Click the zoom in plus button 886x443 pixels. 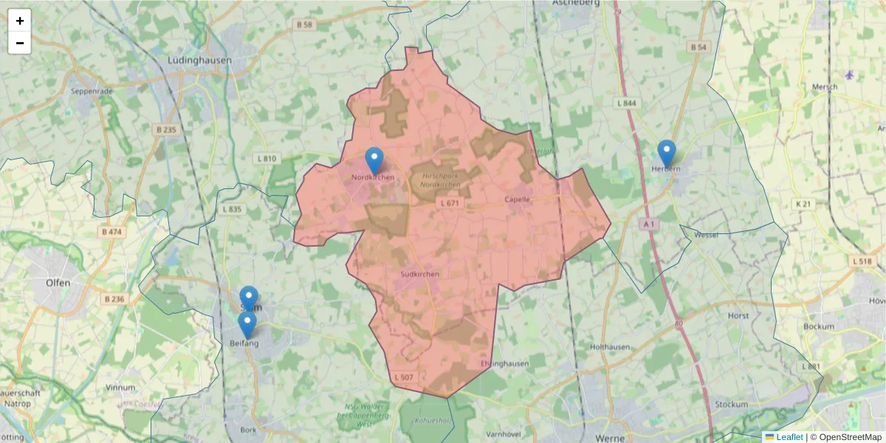[x=20, y=21]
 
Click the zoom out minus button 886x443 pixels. [x=20, y=43]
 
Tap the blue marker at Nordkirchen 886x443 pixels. [x=374, y=160]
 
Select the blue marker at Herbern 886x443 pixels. [x=667, y=153]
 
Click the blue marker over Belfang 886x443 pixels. [x=247, y=324]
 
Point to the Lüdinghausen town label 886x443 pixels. [x=199, y=61]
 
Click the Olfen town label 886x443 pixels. [x=58, y=283]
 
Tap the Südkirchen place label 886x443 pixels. [x=419, y=274]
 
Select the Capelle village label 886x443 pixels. [x=518, y=199]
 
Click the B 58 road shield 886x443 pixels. [x=303, y=24]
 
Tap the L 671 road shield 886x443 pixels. [x=449, y=202]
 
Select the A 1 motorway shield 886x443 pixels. [x=649, y=223]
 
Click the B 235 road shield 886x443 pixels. [x=166, y=129]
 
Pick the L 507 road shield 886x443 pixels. [x=404, y=377]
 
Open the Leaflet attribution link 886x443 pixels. [x=789, y=437]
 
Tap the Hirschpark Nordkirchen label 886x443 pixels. [x=441, y=180]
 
